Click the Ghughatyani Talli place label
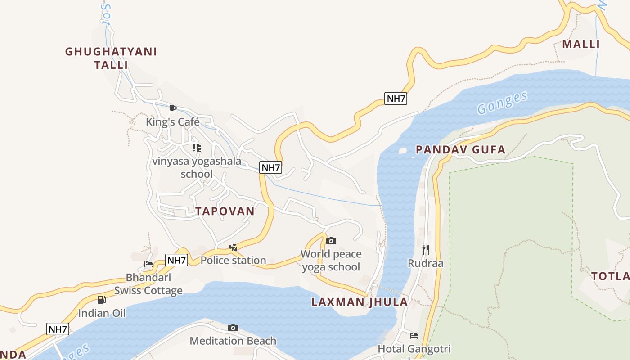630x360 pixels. coord(111,58)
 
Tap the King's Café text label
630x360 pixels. coord(172,122)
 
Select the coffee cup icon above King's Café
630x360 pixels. coord(172,108)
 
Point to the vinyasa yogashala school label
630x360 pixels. coord(197,167)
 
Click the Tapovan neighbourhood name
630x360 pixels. coord(225,211)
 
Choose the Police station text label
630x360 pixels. coord(233,260)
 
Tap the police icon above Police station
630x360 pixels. coord(233,247)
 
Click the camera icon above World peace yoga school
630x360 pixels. coord(331,241)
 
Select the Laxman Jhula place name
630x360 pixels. coord(360,302)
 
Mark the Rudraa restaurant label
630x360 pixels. coord(425,263)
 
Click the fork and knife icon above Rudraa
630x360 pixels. coord(425,249)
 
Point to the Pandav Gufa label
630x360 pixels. coord(460,150)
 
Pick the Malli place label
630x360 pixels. coord(581,44)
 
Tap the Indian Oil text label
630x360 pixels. coord(102,313)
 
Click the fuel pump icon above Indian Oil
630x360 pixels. coord(102,299)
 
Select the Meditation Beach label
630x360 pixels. coord(233,341)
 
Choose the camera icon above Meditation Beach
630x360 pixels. coord(233,328)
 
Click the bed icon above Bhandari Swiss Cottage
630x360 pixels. coord(148,264)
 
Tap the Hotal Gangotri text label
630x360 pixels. coord(414,349)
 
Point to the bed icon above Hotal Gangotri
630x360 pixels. coord(414,335)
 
